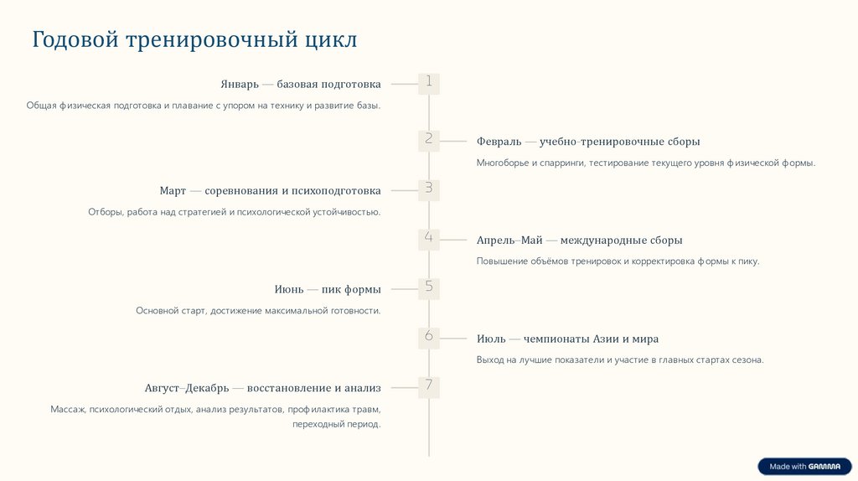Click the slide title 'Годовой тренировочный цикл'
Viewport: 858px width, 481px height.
(194, 39)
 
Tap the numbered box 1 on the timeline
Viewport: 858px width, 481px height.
(428, 83)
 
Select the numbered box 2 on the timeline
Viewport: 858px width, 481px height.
(428, 140)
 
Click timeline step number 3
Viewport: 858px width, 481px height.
(428, 189)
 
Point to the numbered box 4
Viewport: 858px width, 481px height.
(428, 239)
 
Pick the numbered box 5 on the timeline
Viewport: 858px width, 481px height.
(428, 288)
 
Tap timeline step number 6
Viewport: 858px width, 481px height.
(428, 338)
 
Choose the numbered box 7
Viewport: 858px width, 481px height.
(428, 387)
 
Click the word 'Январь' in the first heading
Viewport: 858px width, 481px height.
(240, 85)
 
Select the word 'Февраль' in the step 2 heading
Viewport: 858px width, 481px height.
(499, 142)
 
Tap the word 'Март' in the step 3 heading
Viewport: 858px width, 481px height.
(173, 191)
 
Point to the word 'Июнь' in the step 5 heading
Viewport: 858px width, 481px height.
(289, 290)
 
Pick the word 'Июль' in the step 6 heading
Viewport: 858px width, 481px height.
(491, 339)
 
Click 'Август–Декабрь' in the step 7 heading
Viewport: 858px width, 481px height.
(186, 389)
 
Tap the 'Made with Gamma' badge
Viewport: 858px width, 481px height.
(804, 467)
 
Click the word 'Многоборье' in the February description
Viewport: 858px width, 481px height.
(502, 163)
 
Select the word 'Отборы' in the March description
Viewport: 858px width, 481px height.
(106, 212)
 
